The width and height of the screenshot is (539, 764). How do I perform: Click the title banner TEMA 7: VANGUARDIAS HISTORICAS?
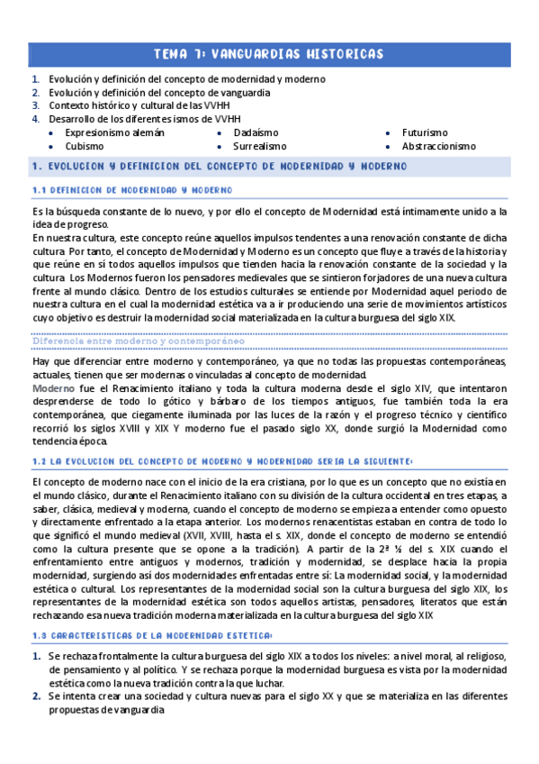pyautogui.click(x=269, y=55)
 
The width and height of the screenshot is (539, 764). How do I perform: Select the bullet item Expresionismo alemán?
pyautogui.click(x=114, y=132)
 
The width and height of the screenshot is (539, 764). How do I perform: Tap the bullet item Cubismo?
pyautogui.click(x=84, y=145)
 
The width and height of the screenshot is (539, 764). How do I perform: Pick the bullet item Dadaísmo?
pyautogui.click(x=256, y=132)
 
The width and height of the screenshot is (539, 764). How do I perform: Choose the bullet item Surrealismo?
pyautogui.click(x=259, y=145)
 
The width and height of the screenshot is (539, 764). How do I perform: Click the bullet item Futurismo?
pyautogui.click(x=425, y=132)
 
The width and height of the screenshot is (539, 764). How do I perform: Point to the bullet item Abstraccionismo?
pyautogui.click(x=438, y=145)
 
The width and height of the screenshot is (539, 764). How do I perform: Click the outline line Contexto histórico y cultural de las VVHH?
pyautogui.click(x=139, y=105)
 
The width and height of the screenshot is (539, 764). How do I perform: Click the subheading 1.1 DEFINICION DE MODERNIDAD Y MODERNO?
pyautogui.click(x=131, y=190)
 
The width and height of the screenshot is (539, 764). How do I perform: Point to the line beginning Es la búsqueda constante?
pyautogui.click(x=268, y=211)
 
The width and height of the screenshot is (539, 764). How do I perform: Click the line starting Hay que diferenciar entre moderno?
pyautogui.click(x=268, y=361)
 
